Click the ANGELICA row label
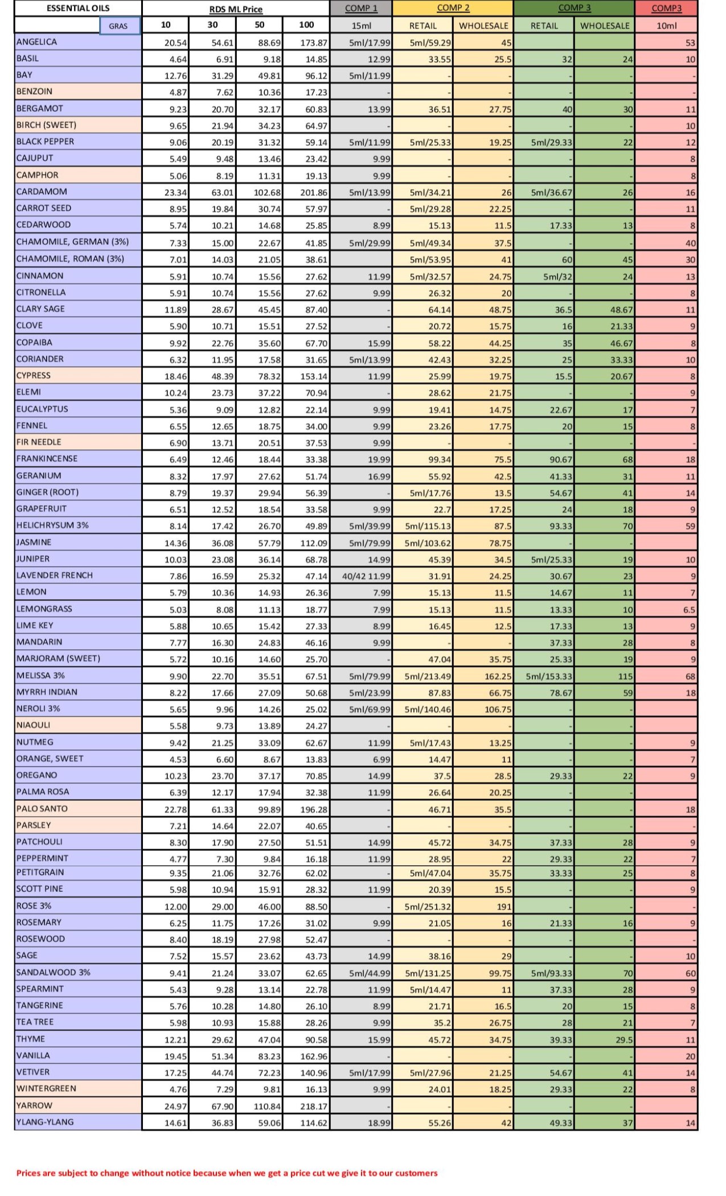coord(37,42)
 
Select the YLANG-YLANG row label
coord(45,1122)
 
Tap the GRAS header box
coord(119,26)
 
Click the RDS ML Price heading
coord(236,9)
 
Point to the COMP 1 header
coord(361,8)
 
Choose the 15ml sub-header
coord(361,26)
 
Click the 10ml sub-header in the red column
coord(666,26)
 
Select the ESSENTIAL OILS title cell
coord(78,9)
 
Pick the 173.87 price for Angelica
coord(314,43)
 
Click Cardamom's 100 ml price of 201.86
coord(314,192)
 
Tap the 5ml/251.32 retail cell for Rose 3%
coord(428,907)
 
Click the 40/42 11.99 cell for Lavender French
coord(366,576)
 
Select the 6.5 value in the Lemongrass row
coord(689,609)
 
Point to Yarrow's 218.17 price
coord(314,1106)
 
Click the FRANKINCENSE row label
coord(47,458)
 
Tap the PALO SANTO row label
coord(42,809)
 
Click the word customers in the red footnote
coord(416,1173)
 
